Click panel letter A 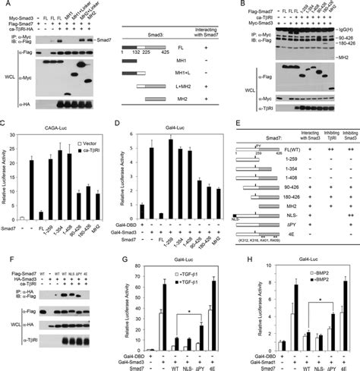pyautogui.click(x=5, y=6)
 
